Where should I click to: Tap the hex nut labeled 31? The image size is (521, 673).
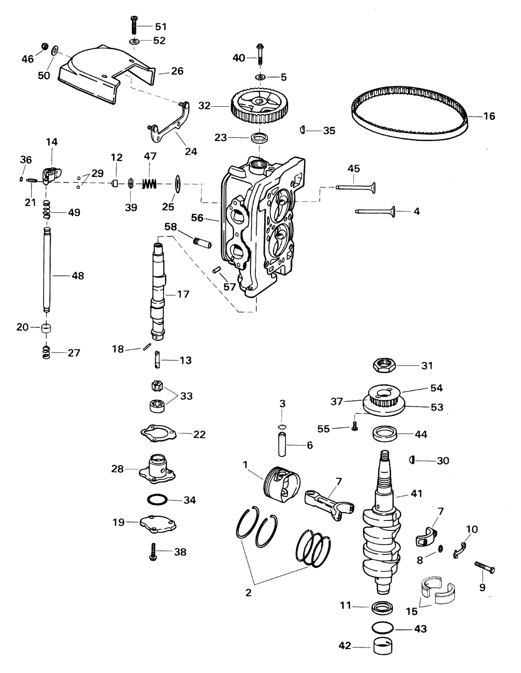pos(388,365)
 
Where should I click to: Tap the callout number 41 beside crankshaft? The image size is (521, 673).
pos(416,493)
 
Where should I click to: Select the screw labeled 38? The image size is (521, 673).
pos(152,552)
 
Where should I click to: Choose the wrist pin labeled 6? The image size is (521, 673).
pos(282,445)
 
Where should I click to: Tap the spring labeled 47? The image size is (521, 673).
pos(150,184)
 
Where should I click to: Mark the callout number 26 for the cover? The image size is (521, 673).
pos(177,71)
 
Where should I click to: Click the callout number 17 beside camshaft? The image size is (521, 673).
pos(183,295)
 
